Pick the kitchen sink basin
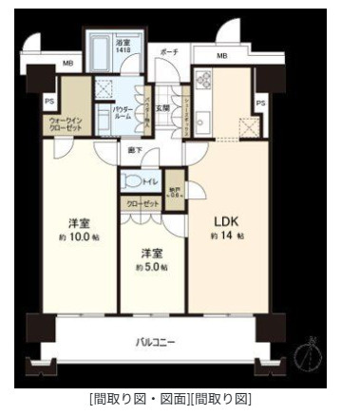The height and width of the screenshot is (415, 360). (x=203, y=104)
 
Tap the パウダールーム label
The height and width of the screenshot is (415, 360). (x=122, y=113)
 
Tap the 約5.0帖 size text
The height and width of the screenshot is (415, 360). (x=150, y=267)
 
